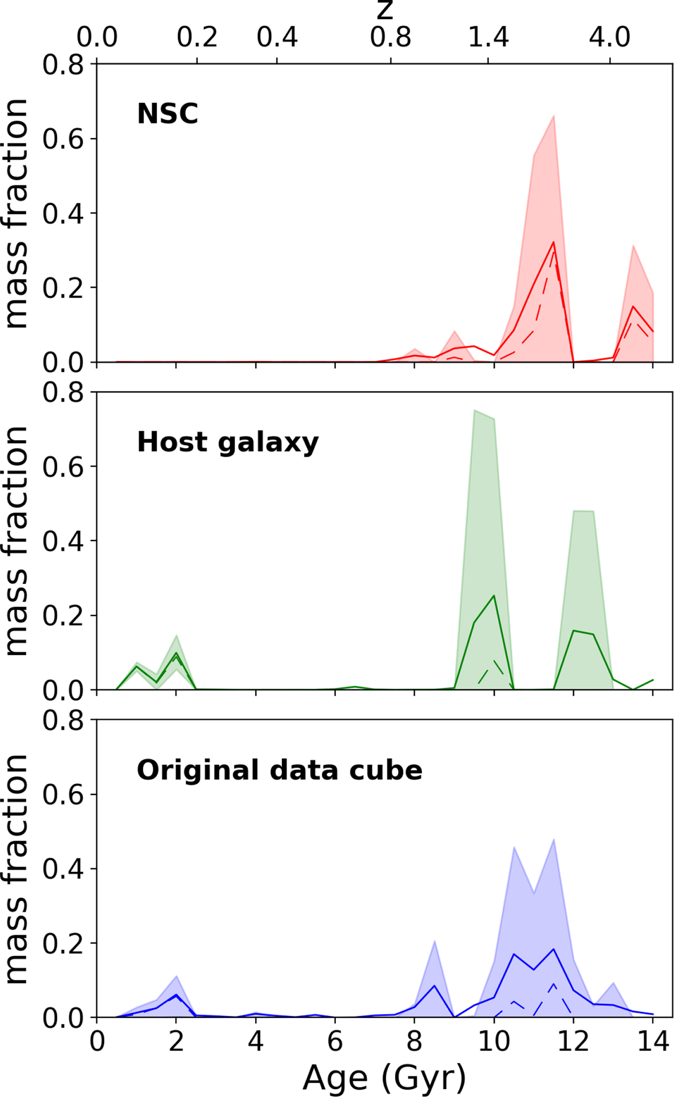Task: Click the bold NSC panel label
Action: coord(167,114)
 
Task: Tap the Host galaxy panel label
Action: coord(227,442)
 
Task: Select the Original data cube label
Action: coord(279,770)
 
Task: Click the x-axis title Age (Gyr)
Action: coord(384,1077)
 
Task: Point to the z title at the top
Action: coord(385,10)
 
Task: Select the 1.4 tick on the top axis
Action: coord(489,38)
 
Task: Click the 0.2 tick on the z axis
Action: coord(197,38)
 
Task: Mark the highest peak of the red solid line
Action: coord(554,242)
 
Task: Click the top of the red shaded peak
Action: coord(554,115)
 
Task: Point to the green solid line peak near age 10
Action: coord(494,595)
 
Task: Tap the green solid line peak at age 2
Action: coord(176,652)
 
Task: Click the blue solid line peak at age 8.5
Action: coord(434,985)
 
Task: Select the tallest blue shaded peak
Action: coord(554,839)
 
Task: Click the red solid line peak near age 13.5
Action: coord(633,306)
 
